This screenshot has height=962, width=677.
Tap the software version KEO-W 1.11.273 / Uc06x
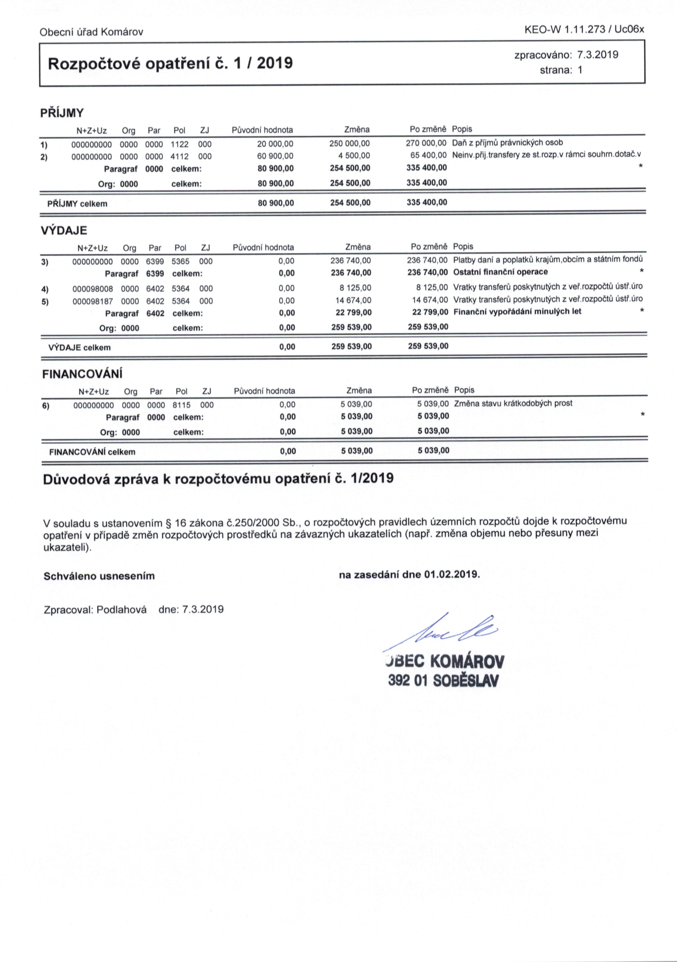584,29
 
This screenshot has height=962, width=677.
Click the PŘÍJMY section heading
62,113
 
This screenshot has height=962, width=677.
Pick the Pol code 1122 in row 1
180,145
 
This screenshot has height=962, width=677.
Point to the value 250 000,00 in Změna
350,144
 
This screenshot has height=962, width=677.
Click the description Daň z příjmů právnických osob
508,142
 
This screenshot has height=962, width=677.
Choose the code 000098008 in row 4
92,289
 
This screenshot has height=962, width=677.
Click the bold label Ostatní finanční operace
500,272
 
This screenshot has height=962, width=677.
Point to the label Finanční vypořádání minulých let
517,311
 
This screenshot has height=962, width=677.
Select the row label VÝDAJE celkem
80,347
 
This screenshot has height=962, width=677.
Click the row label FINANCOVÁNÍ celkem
92,452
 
